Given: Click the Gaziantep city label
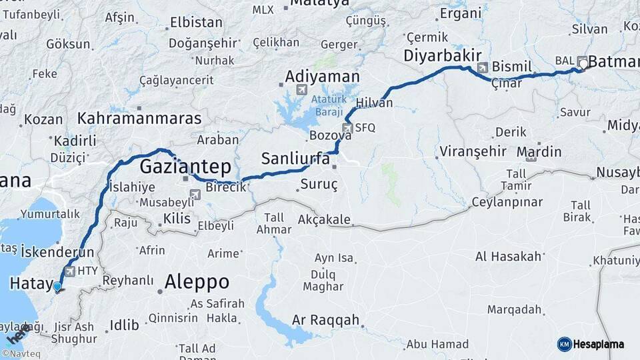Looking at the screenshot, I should point(185,165).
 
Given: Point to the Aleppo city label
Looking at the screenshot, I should point(197,281).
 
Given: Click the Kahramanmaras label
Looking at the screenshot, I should point(139,119).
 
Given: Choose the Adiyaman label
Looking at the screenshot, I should point(322,76).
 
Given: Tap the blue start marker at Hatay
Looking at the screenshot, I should point(57,287).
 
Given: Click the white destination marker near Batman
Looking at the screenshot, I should point(584,64).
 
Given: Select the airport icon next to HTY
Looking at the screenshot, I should point(69,271).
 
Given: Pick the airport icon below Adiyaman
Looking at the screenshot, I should point(301,89).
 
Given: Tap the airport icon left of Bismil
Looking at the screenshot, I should point(483,67).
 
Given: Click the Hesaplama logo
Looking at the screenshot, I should point(591,344).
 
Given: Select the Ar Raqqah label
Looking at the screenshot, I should point(325,320).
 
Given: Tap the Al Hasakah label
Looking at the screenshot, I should point(507,256).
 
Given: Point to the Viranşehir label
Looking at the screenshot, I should point(473,151).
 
